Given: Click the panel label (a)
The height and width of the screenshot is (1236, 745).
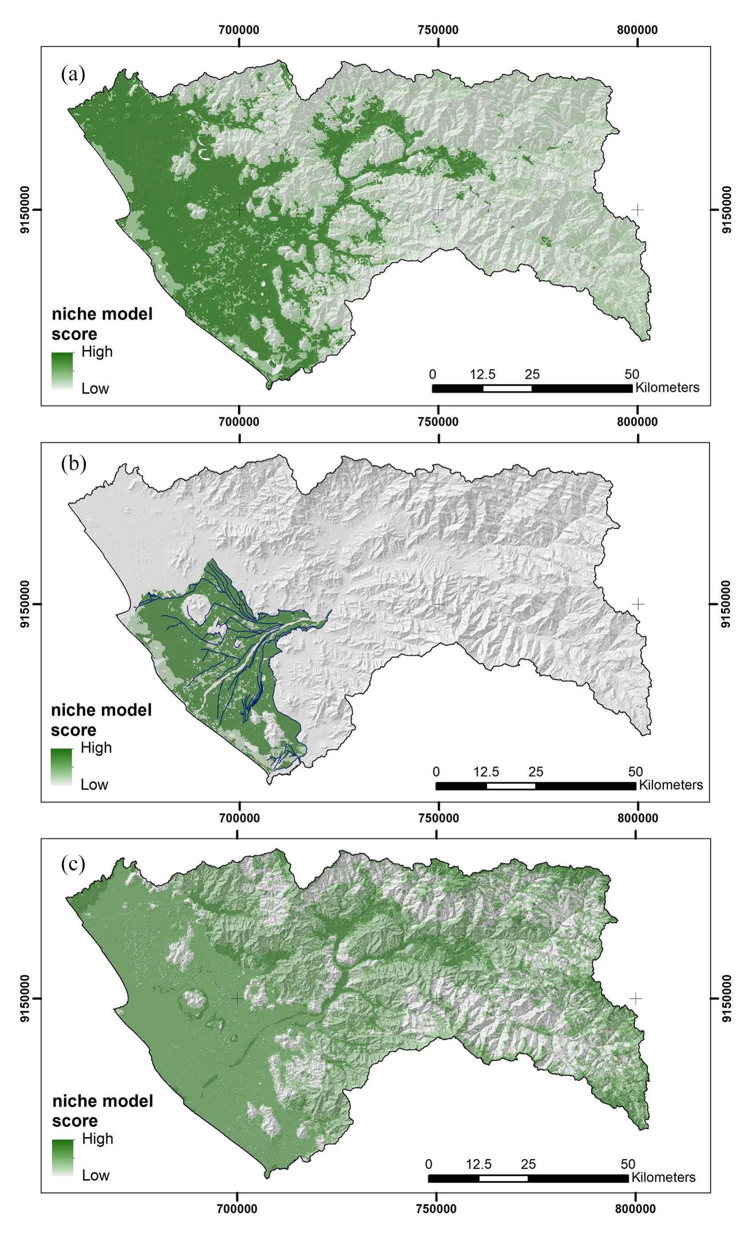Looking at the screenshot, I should point(73,75).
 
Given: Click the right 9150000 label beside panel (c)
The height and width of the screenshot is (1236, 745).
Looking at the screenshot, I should point(726,999).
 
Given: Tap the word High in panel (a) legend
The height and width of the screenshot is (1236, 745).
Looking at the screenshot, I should point(97,352).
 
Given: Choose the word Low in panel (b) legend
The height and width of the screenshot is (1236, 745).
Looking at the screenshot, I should point(95,784).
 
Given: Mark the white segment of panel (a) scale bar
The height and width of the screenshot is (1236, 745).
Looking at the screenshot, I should point(507,388).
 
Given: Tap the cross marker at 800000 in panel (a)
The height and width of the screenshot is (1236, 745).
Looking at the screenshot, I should point(637,209).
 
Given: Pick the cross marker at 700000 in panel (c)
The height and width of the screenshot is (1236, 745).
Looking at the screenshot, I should point(237,998).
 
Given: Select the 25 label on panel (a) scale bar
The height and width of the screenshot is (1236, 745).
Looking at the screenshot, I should point(532,374).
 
